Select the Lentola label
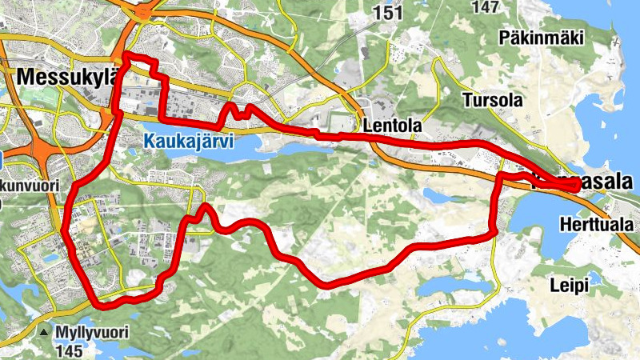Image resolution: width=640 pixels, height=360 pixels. coord(391,126)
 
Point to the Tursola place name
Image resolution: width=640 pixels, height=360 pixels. coord(492,101)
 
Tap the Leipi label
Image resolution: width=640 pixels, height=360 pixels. coord(569,285)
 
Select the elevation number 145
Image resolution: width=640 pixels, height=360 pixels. coord(70,350)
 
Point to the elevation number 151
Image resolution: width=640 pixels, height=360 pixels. coord(388,12)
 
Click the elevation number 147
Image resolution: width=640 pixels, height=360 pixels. coord(486,6)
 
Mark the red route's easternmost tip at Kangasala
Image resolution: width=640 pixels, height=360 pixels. coord(578,186)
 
